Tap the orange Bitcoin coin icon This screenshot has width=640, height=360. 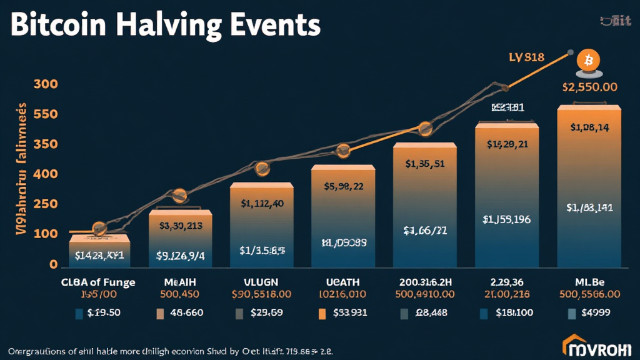[x=588, y=61]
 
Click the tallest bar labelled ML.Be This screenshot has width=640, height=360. [x=589, y=187]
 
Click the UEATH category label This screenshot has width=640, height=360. [x=342, y=282]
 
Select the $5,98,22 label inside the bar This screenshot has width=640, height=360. [x=342, y=186]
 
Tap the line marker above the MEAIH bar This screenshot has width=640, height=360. [x=179, y=196]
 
